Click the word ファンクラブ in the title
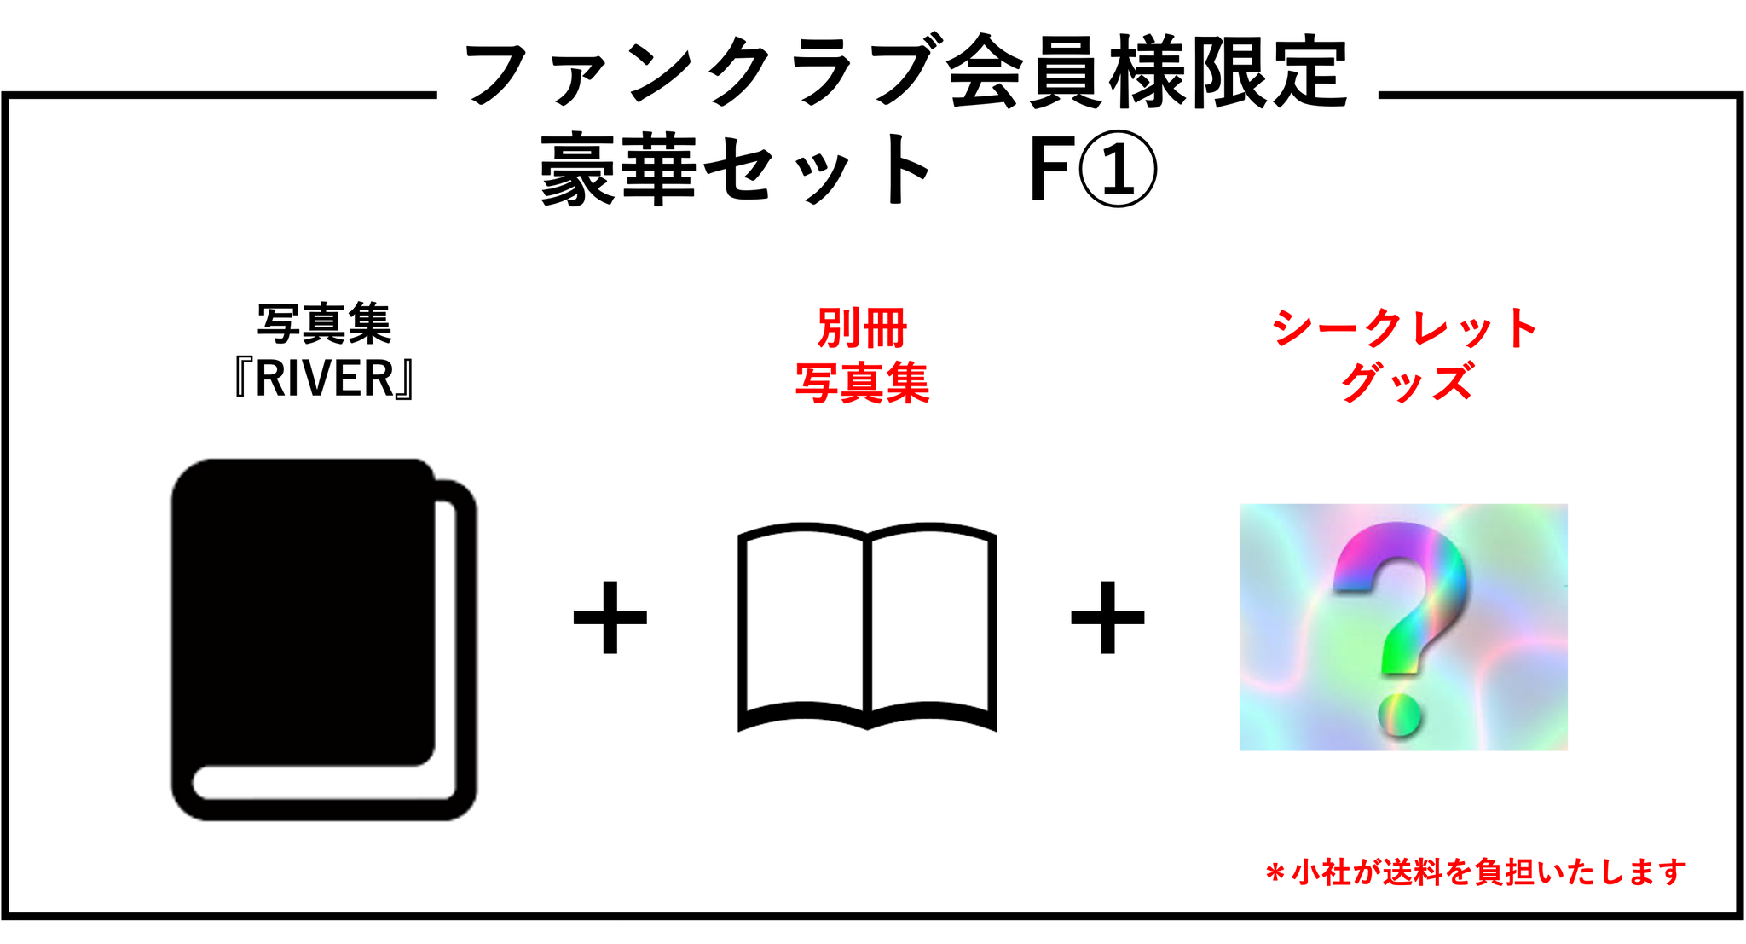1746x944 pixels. click(x=699, y=75)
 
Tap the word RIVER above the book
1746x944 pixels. click(x=324, y=379)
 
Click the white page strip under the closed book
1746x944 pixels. click(x=324, y=784)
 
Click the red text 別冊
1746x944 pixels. click(x=862, y=328)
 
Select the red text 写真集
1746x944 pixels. click(x=862, y=382)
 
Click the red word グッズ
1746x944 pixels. click(x=1406, y=381)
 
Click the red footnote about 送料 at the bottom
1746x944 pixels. click(x=1476, y=872)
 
